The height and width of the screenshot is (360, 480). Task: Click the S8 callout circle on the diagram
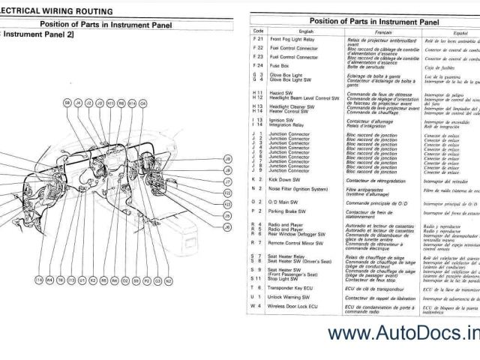67,100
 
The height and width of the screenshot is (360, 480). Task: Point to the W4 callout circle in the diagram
49,280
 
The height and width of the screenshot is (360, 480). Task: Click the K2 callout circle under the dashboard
82,280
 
